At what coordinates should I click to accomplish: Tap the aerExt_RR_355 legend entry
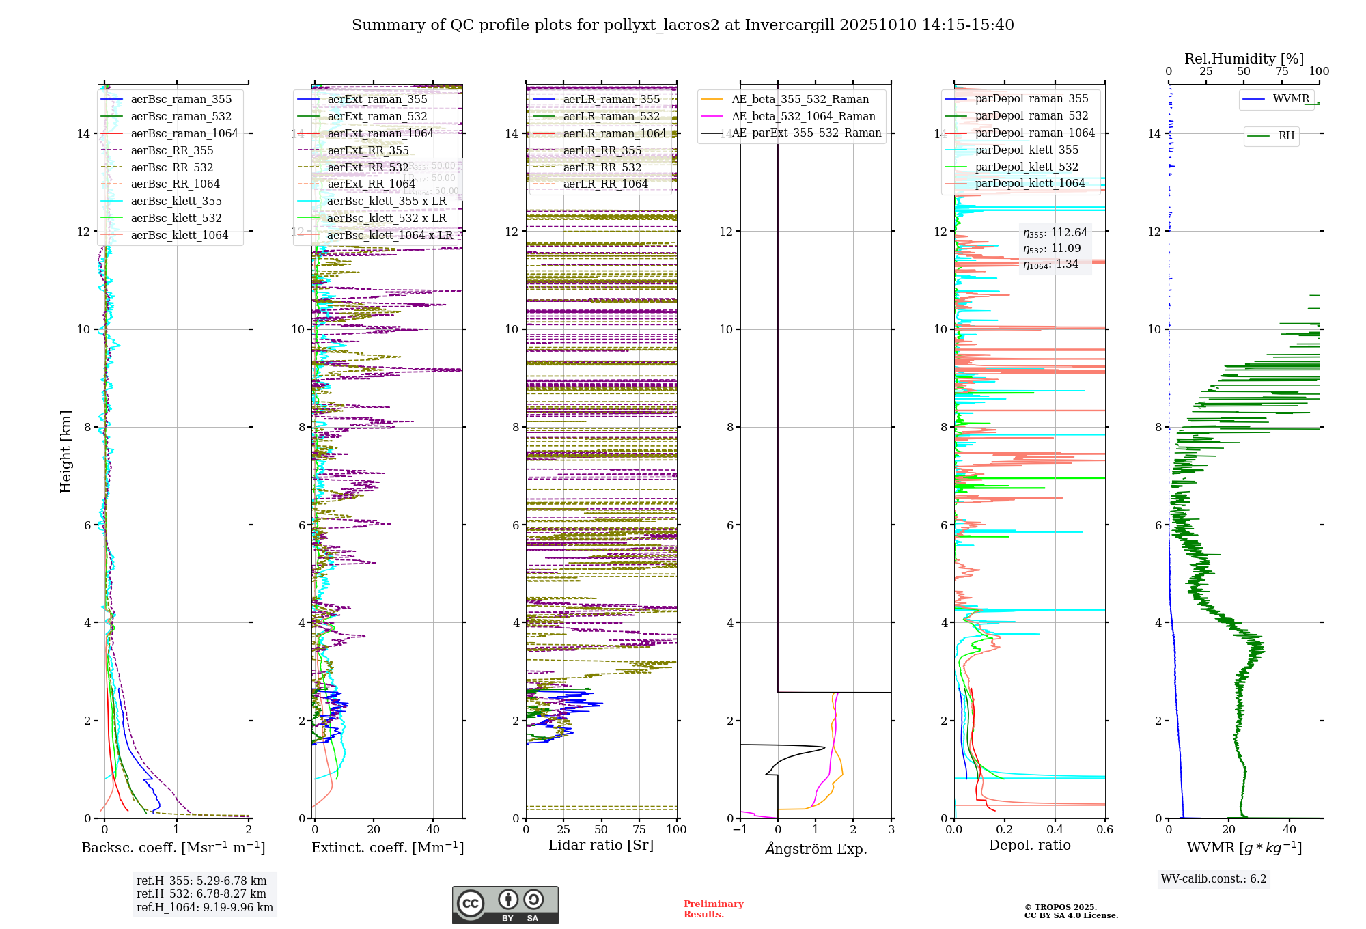(367, 151)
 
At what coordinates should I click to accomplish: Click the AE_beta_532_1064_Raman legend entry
(803, 117)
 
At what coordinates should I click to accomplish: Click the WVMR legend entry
(1291, 100)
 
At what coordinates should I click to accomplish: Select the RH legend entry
(1286, 136)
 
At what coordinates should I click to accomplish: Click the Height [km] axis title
(66, 452)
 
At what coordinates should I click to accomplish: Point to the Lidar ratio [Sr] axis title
(601, 846)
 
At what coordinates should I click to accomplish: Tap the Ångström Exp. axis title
(816, 849)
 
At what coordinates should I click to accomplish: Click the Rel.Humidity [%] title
(1244, 59)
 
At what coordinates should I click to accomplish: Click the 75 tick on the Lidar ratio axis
(639, 830)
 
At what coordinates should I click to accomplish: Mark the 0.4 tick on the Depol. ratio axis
(1055, 830)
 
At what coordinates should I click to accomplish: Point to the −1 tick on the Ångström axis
(740, 830)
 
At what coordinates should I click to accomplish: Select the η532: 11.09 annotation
(1052, 249)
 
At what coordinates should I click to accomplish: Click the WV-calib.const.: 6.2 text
(1214, 879)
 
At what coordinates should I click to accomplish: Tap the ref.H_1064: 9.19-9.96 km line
(204, 908)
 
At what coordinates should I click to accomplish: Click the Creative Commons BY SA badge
(505, 905)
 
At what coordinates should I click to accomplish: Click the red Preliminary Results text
(713, 909)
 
